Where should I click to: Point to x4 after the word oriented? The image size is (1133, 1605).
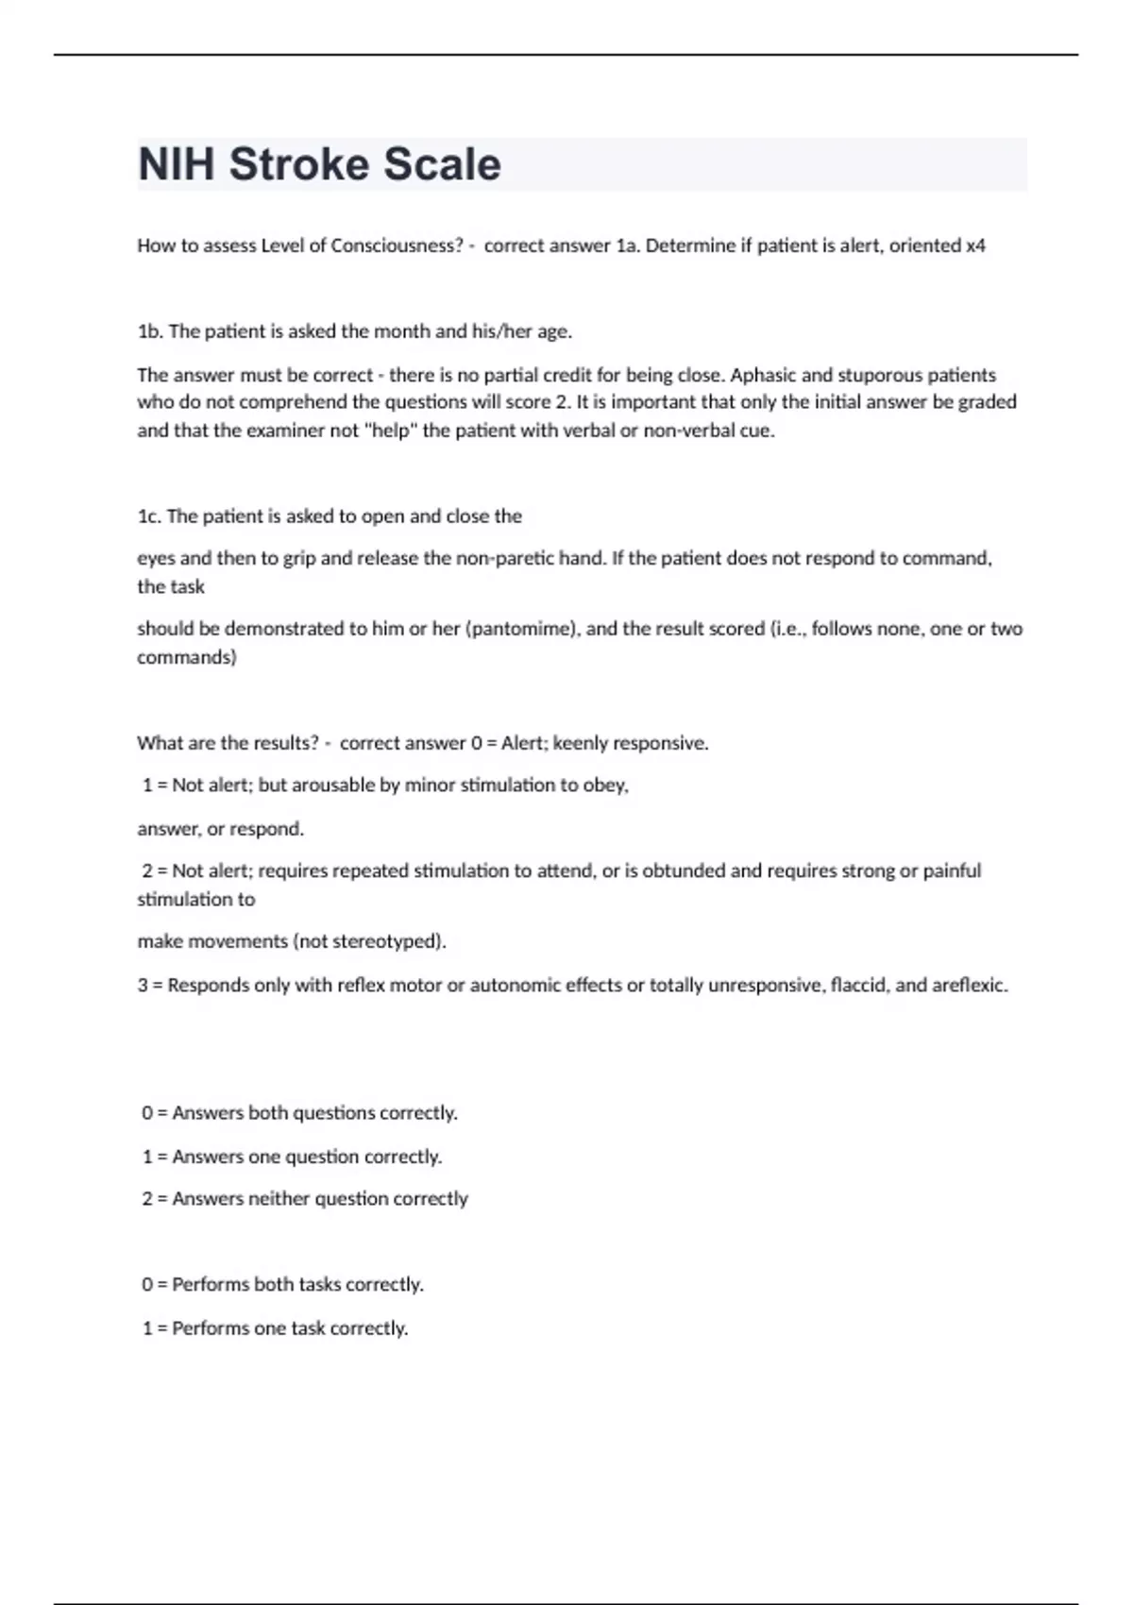click(x=975, y=245)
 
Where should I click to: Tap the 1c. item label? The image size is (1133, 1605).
click(x=149, y=516)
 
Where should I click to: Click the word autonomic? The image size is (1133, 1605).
click(x=516, y=985)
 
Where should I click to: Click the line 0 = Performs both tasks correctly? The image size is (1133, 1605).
click(x=282, y=1284)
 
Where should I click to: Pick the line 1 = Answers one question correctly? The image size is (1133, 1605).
click(x=292, y=1157)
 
